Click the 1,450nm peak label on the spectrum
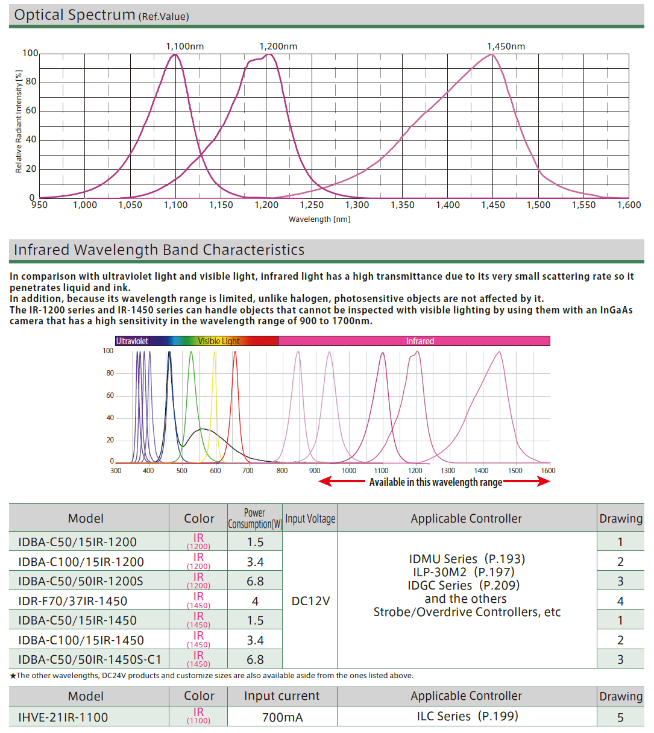506,46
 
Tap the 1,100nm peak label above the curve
185,46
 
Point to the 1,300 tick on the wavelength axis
357,205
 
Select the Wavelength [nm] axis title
319,219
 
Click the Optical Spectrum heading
75,15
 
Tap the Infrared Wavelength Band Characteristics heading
159,250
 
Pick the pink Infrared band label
420,341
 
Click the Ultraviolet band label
132,341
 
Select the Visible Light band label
219,341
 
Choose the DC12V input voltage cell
310,601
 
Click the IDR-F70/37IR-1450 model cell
72,601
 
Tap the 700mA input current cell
282,717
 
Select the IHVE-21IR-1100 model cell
63,717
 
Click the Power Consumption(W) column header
255,518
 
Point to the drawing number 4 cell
620,601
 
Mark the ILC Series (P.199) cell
467,716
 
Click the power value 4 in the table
255,601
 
